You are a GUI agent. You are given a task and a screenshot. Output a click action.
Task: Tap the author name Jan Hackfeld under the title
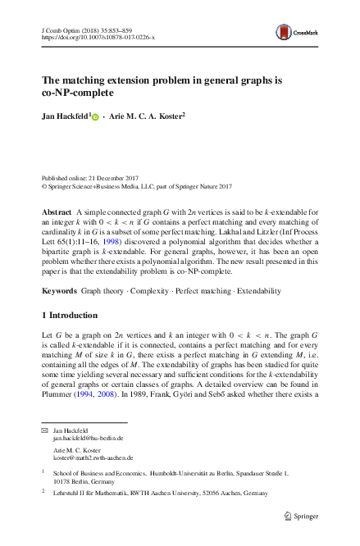(x=64, y=116)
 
